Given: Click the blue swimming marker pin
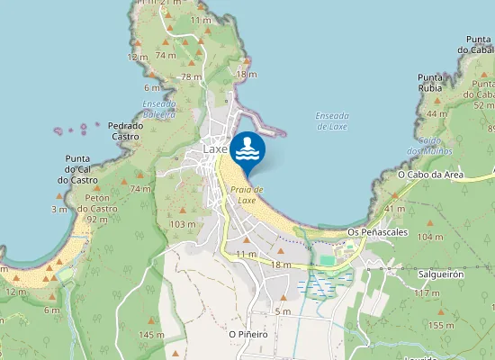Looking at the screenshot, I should click(x=247, y=149).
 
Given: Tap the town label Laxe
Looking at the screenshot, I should click(x=216, y=148).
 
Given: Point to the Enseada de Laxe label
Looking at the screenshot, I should click(x=332, y=121).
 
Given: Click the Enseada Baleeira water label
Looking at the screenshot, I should click(x=159, y=109).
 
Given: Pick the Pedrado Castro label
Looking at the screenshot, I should click(x=124, y=130).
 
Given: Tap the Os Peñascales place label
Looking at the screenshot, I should click(x=377, y=232).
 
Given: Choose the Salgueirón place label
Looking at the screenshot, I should click(x=441, y=274).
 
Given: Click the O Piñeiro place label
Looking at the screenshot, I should click(x=248, y=334).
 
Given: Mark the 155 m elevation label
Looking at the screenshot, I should click(x=441, y=325).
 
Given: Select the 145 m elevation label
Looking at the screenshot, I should click(x=151, y=335).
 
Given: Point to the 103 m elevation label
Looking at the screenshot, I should click(x=183, y=224).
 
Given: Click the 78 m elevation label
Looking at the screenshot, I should click(x=192, y=76).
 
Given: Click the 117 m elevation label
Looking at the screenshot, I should click(x=427, y=293).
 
